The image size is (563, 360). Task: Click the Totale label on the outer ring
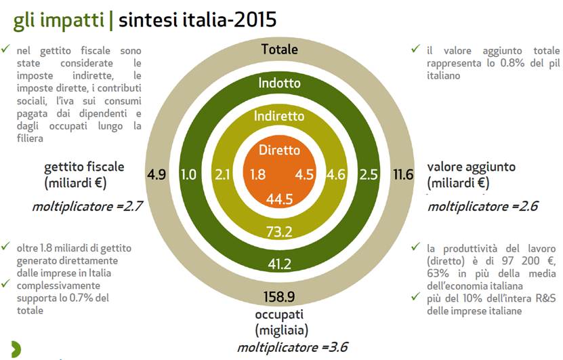pyautogui.click(x=279, y=49)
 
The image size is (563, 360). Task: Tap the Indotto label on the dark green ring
pyautogui.click(x=279, y=83)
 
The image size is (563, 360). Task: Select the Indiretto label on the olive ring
pyautogui.click(x=279, y=116)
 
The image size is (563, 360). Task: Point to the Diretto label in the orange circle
pyautogui.click(x=279, y=150)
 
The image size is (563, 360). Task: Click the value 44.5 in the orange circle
pyautogui.click(x=279, y=199)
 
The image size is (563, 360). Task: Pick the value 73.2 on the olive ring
pyautogui.click(x=279, y=232)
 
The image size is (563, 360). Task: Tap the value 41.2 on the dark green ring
pyautogui.click(x=279, y=264)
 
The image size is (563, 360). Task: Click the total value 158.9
pyautogui.click(x=279, y=297)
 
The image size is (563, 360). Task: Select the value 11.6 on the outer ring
pyautogui.click(x=403, y=174)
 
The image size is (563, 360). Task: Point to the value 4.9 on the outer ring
pyautogui.click(x=157, y=174)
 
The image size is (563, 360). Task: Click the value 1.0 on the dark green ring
pyautogui.click(x=188, y=174)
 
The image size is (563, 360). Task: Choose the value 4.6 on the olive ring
pyautogui.click(x=336, y=174)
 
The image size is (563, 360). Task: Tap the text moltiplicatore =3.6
pyautogui.click(x=292, y=347)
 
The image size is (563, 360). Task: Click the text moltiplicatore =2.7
pyautogui.click(x=87, y=206)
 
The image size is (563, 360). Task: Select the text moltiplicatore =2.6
pyautogui.click(x=483, y=206)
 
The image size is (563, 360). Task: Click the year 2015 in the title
pyautogui.click(x=255, y=20)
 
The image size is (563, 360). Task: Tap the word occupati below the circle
pyautogui.click(x=279, y=315)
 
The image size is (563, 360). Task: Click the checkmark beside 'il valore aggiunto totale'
pyautogui.click(x=415, y=49)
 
